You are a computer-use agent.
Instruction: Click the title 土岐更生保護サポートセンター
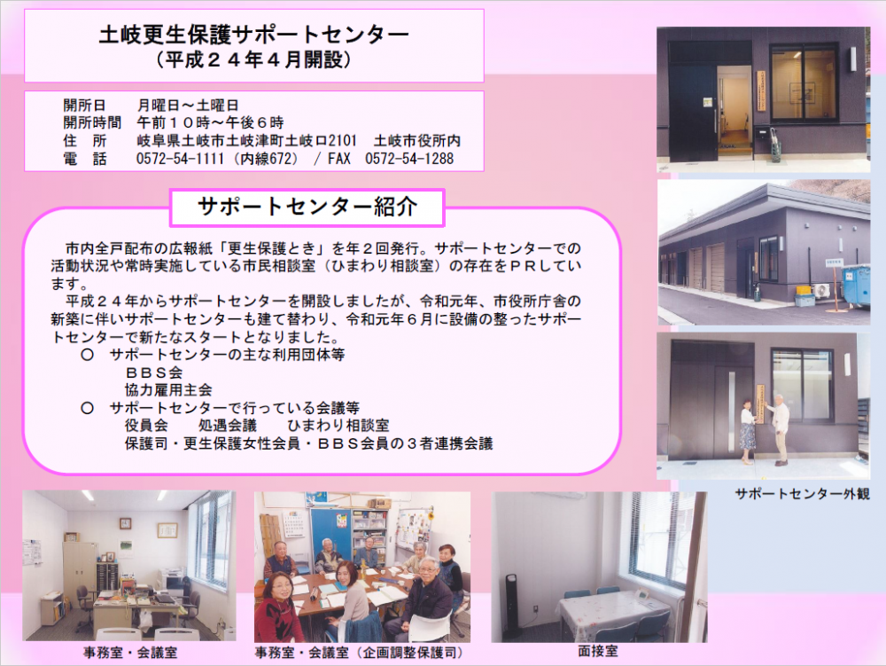click(253, 35)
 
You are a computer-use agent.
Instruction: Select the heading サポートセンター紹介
click(307, 207)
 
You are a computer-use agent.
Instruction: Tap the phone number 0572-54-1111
click(180, 159)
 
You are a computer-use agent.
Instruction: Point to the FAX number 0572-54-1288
click(409, 159)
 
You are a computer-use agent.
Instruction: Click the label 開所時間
click(92, 122)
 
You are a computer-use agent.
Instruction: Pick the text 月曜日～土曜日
click(188, 106)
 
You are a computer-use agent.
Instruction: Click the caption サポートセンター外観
click(802, 494)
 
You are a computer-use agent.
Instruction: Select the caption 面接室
click(597, 651)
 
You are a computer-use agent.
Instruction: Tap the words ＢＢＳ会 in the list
click(153, 372)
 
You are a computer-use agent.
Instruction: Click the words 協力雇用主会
click(168, 390)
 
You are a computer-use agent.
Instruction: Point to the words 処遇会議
click(227, 425)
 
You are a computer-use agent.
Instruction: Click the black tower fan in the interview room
click(512, 605)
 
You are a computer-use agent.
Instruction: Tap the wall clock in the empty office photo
click(126, 523)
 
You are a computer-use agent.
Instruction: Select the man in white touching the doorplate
click(781, 430)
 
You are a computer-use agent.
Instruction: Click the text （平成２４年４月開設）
click(253, 59)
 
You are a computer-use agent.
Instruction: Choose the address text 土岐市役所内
click(417, 141)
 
